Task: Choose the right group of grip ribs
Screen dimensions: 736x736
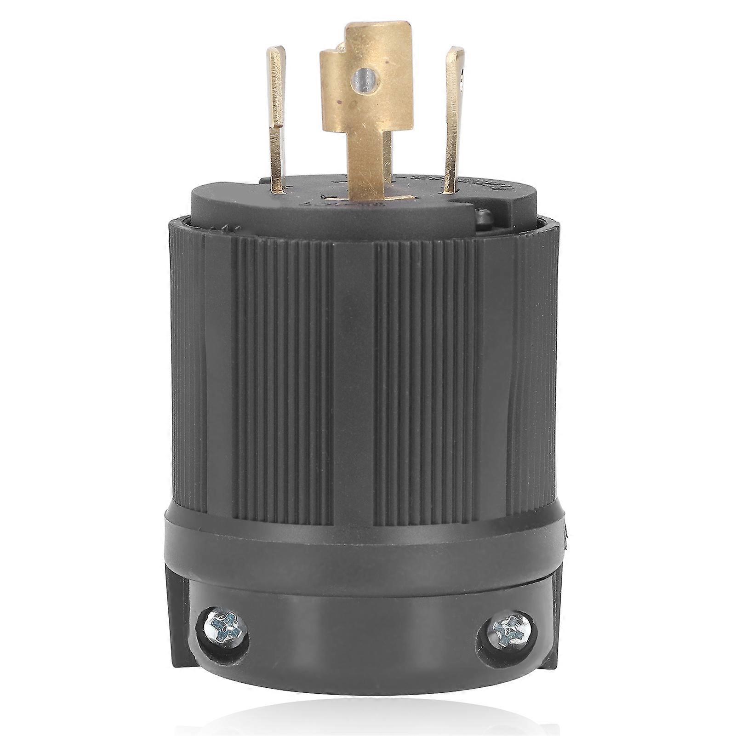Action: [428, 368]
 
